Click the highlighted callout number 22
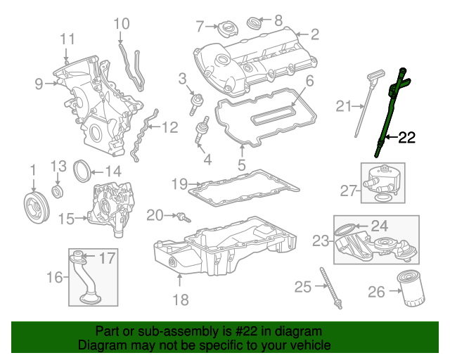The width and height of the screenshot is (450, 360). click(x=407, y=138)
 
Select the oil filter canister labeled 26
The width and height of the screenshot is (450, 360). click(x=411, y=288)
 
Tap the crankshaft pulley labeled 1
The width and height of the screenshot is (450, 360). click(x=37, y=208)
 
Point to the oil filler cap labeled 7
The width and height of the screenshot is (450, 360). click(x=228, y=28)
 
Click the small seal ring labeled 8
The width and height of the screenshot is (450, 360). click(x=254, y=23)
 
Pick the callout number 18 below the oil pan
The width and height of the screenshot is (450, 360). click(x=181, y=300)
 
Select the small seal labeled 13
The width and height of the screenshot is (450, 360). click(x=58, y=192)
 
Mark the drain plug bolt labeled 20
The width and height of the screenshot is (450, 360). click(x=184, y=217)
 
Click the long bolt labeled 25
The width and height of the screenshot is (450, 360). click(x=331, y=288)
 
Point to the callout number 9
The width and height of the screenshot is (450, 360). click(x=39, y=84)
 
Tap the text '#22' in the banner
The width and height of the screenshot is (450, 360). click(x=247, y=331)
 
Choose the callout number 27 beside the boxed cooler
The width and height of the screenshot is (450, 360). click(x=349, y=191)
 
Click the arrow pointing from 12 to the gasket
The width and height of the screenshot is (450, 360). click(x=155, y=127)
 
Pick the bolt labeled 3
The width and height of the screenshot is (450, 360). click(x=195, y=103)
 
